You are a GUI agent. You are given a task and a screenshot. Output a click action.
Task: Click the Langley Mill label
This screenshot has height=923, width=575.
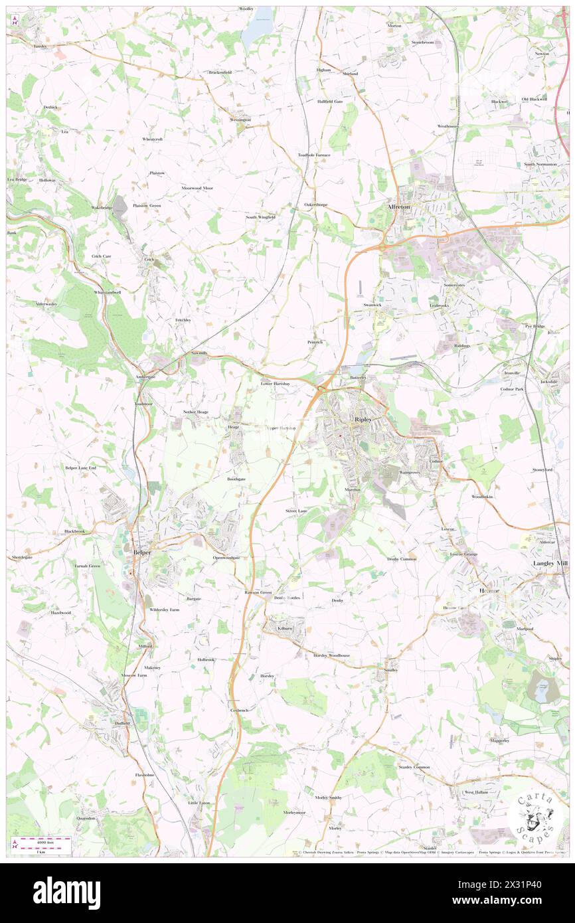click(550, 563)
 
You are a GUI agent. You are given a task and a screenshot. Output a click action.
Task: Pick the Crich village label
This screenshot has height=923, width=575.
click(149, 260)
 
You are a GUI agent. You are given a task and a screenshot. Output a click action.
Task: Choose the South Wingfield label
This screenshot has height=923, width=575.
click(260, 217)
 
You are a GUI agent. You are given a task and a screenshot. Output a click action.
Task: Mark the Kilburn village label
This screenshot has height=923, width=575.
click(286, 628)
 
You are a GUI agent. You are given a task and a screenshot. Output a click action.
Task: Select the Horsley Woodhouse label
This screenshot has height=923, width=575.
click(331, 655)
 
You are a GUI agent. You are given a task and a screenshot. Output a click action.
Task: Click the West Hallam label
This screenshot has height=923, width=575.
click(476, 792)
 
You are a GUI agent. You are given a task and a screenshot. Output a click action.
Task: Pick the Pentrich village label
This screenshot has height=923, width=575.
click(315, 343)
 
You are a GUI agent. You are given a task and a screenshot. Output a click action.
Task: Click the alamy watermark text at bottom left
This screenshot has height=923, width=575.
click(66, 893)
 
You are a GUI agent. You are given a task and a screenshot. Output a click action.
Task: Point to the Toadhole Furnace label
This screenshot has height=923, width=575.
click(313, 155)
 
